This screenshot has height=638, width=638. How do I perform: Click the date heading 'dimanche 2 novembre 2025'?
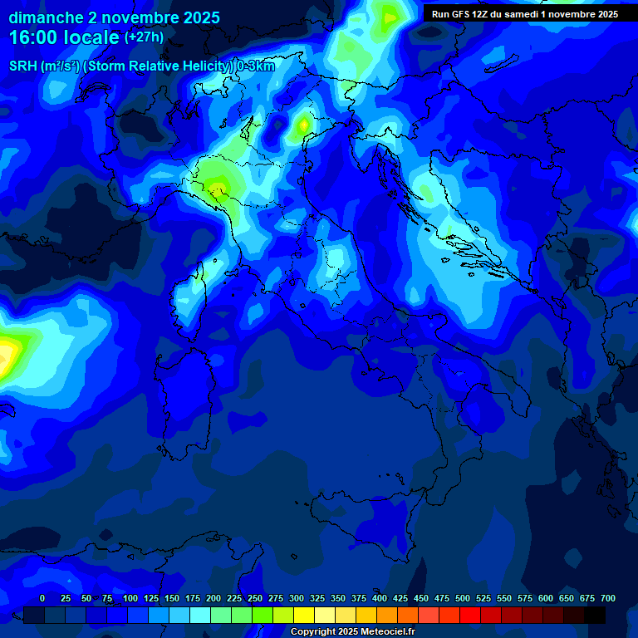[x=114, y=17]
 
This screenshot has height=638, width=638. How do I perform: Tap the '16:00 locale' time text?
[x=64, y=37]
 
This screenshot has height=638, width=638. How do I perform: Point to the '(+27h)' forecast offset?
[x=144, y=37]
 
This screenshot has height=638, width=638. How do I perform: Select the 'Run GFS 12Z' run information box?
[x=525, y=13]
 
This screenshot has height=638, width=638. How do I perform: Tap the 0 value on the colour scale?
[x=42, y=598]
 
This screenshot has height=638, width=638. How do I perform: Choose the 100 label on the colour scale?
[x=130, y=598]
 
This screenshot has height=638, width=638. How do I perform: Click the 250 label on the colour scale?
[x=255, y=598]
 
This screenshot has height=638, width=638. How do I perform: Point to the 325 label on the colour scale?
[x=317, y=598]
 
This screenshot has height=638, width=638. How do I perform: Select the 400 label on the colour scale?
[x=380, y=598]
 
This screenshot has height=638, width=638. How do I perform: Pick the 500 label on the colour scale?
[x=463, y=598]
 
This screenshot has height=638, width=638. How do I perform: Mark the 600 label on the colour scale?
[x=546, y=598]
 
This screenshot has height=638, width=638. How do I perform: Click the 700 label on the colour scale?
[x=608, y=598]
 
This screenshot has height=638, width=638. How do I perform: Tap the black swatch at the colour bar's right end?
[x=595, y=615]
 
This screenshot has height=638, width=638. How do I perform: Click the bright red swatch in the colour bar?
[x=470, y=615]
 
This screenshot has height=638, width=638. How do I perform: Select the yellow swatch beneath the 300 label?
[x=304, y=615]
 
